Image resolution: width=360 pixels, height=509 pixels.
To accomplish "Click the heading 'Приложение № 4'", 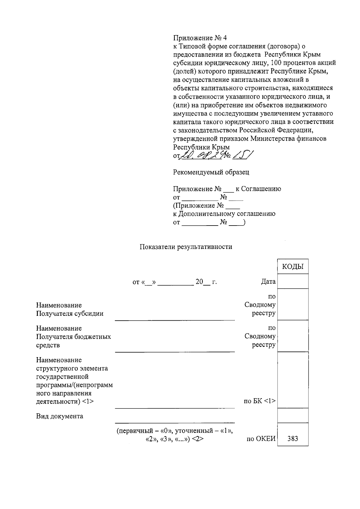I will point(200,38).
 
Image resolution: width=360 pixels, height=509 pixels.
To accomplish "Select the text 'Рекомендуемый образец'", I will point(211,172).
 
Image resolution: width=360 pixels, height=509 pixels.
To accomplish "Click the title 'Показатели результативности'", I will point(186,247).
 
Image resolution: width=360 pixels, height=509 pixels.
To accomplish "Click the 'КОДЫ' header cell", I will point(293,267).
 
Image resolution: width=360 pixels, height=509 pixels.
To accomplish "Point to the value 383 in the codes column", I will point(292,439).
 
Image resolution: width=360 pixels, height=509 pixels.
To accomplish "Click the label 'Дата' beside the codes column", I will point(268,282).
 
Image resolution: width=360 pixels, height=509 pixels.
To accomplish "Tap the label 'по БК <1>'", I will point(260,401).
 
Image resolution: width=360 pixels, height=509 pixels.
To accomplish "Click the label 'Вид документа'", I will point(60,416).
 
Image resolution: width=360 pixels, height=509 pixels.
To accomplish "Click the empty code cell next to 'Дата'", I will point(293,281).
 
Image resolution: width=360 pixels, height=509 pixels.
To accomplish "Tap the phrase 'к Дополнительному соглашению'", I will point(224,214).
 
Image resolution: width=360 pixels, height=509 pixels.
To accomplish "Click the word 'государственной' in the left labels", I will point(62,376).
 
